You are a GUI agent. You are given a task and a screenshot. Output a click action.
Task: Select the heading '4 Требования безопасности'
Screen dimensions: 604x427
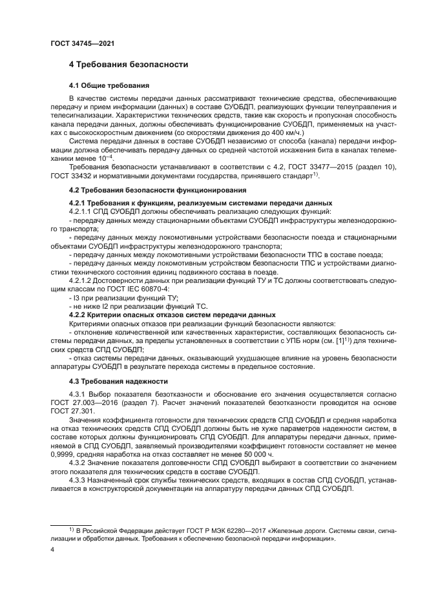[x=129, y=65]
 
